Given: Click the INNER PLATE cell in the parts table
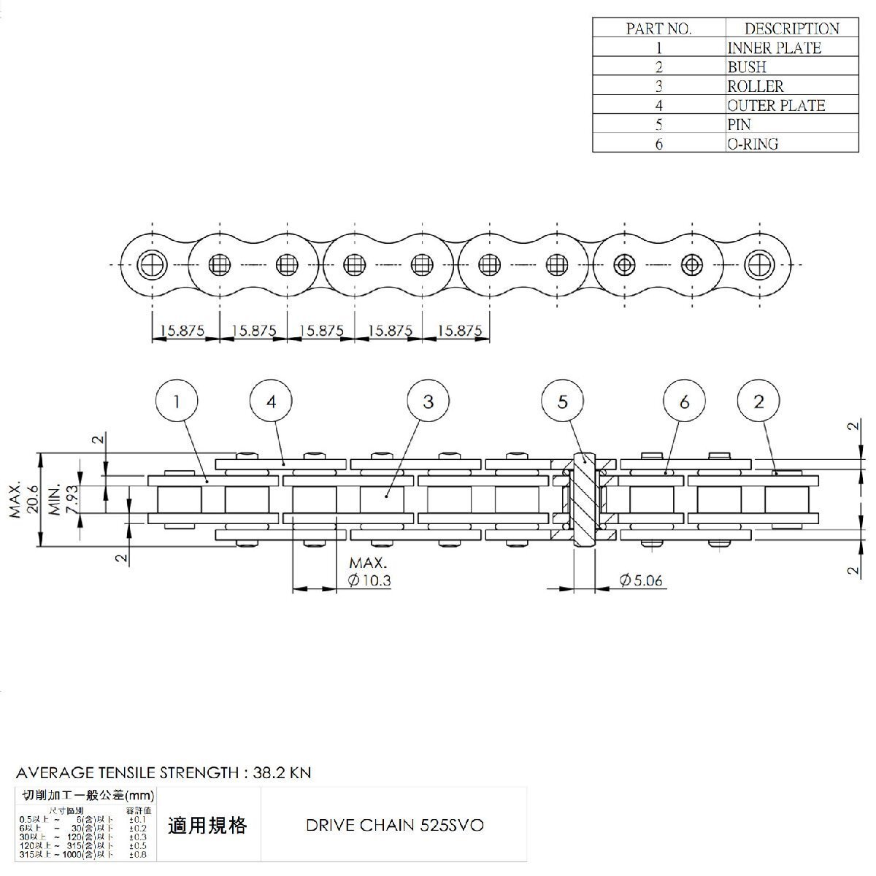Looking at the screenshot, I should (x=774, y=48).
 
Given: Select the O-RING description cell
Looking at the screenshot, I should (x=753, y=144).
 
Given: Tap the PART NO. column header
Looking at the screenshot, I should (x=658, y=29).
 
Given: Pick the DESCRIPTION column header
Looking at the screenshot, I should (x=791, y=29).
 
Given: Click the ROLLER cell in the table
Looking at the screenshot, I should (x=755, y=86).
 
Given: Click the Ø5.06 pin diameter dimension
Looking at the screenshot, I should (x=641, y=581).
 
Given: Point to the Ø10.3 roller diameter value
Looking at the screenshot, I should (x=370, y=581).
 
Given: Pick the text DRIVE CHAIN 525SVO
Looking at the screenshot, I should (x=393, y=826).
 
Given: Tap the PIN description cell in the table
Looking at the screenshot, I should (x=739, y=125).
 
